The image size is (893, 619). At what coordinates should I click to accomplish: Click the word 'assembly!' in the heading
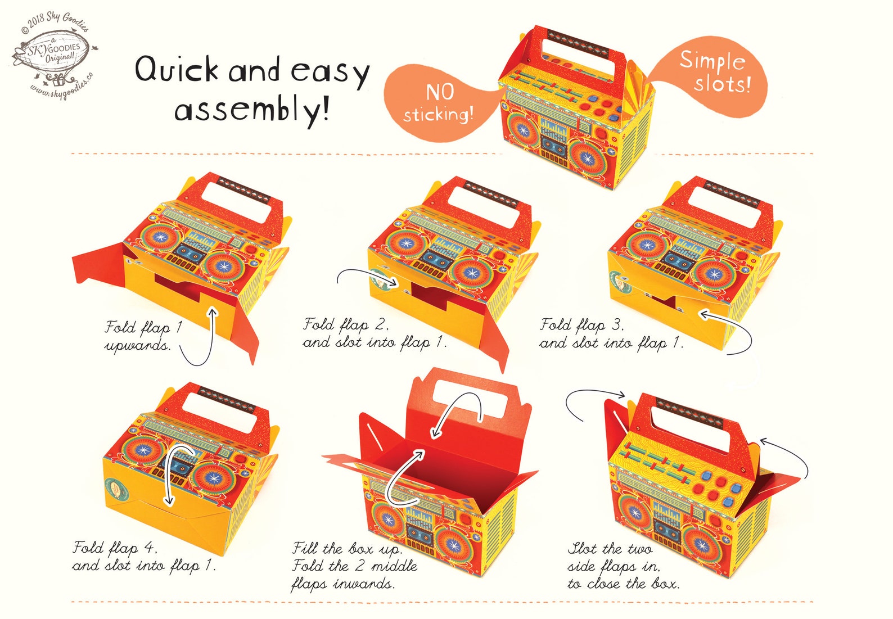[x=251, y=109]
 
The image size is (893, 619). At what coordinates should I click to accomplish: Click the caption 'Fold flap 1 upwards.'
[x=143, y=336]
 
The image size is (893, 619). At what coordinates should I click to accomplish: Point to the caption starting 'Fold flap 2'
[x=375, y=333]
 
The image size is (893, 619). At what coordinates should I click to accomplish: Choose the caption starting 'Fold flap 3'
[x=611, y=333]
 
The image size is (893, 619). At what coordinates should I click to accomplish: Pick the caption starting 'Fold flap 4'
[x=144, y=557]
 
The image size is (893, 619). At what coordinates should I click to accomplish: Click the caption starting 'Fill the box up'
[x=354, y=566]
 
